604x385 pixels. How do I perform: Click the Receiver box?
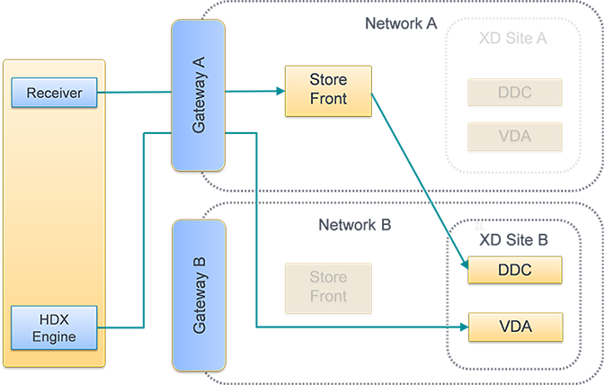pos(54,93)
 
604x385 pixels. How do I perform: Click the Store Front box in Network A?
pos(328,88)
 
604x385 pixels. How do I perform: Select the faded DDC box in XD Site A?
pos(514,92)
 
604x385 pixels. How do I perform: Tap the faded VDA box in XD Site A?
pos(514,137)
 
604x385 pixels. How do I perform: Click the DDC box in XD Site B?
pos(514,269)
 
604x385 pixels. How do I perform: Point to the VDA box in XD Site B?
pos(514,326)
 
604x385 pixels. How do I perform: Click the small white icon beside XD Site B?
pos(478,228)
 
